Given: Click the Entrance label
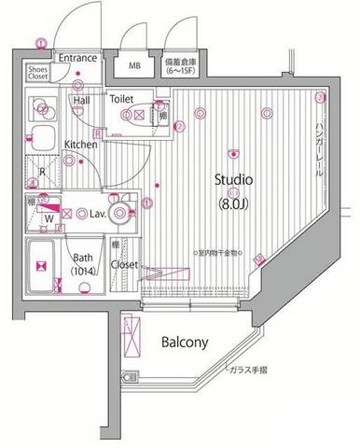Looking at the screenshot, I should (x=77, y=58).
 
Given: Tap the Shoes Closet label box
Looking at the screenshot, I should (x=39, y=74).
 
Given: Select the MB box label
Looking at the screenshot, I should (x=134, y=66).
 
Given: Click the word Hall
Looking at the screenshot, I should (x=82, y=99).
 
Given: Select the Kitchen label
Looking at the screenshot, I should (x=81, y=145).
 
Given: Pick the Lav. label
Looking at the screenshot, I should (x=93, y=214).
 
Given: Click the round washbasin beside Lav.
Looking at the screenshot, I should (x=119, y=214).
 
